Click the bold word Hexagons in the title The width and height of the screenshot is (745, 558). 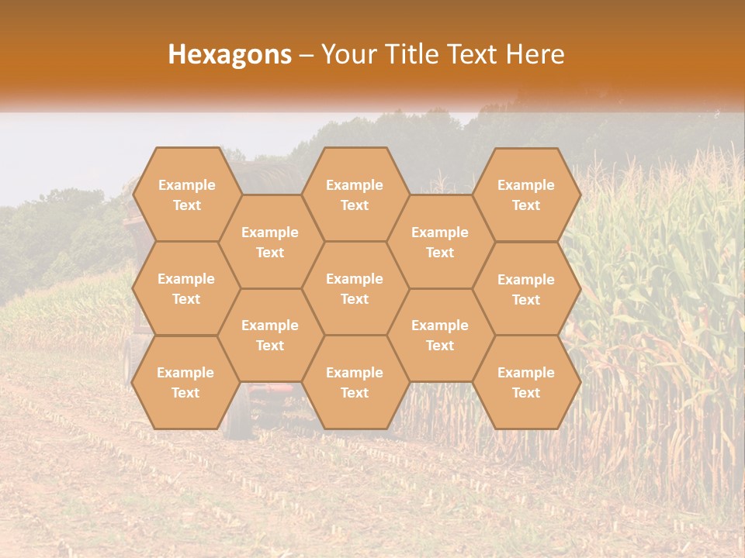point(230,54)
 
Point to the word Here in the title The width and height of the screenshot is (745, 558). point(535,54)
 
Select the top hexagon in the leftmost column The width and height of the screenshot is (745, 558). point(186,195)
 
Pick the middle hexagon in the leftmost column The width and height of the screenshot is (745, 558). point(186,288)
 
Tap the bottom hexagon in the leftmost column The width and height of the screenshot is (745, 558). point(185,382)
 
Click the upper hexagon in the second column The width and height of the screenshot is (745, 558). point(270,242)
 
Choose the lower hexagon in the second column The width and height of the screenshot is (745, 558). point(270,335)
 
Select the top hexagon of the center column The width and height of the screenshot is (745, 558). point(355,195)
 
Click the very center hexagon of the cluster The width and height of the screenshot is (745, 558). point(355,288)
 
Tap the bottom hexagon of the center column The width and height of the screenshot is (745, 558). point(355,382)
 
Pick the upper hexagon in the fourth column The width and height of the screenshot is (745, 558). point(440,242)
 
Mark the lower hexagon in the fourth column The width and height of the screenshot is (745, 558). point(440,335)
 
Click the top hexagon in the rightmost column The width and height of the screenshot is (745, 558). point(526,195)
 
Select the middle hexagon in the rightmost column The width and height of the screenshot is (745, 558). point(526,289)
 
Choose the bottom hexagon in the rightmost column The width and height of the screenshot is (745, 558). point(526,382)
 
